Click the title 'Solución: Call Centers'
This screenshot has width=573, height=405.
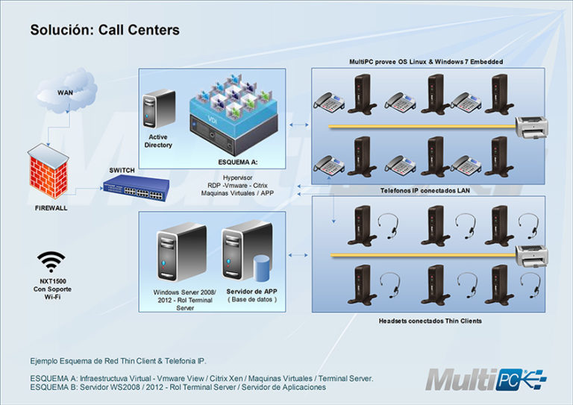point(104,31)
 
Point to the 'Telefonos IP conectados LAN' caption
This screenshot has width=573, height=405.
point(417,190)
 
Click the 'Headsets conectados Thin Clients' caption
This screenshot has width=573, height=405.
point(420,320)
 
